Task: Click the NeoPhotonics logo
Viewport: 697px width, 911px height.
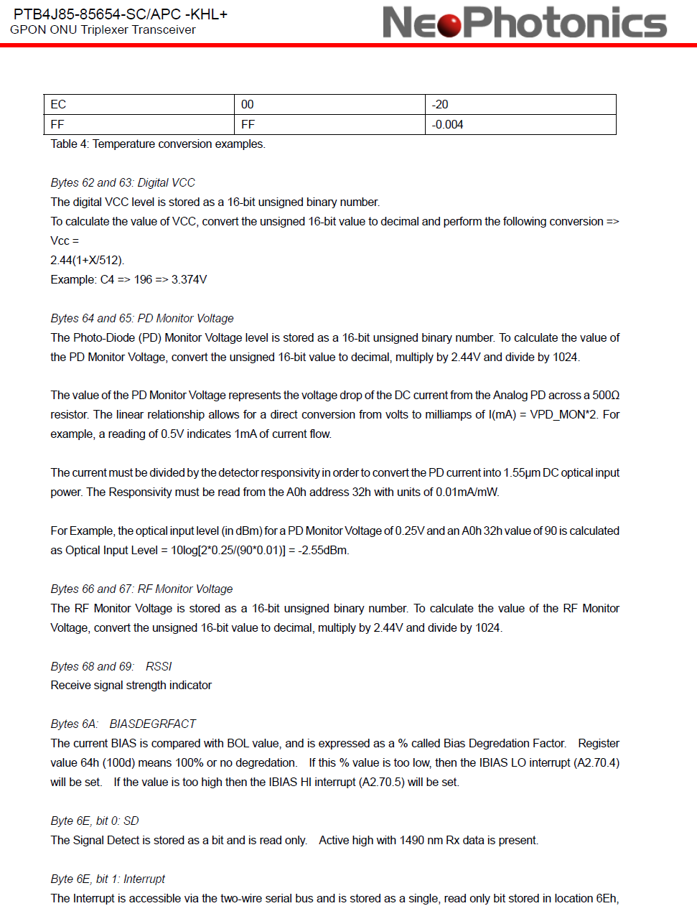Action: pos(524,22)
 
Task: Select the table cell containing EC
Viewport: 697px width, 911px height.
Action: pos(139,104)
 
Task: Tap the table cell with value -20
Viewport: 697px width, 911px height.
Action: pos(520,104)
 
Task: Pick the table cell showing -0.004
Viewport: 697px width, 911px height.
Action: pos(520,124)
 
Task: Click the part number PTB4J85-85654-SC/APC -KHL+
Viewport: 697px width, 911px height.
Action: pos(121,14)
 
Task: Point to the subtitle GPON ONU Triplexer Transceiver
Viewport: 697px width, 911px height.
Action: pos(103,30)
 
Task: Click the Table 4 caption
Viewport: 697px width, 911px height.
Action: pos(158,144)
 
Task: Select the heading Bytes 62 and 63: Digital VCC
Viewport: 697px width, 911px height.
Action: pos(123,182)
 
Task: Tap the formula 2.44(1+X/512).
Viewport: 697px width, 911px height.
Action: pos(87,260)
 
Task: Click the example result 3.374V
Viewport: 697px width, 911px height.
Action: pos(189,279)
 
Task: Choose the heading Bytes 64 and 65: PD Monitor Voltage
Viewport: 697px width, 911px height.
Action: pos(142,318)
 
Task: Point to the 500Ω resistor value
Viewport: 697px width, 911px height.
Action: pos(606,395)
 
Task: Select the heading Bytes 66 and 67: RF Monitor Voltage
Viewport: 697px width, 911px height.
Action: pos(141,589)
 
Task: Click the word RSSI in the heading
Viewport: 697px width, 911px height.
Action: pos(159,666)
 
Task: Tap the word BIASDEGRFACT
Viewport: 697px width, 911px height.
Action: pos(152,724)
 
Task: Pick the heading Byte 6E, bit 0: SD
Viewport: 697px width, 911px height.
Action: pos(95,821)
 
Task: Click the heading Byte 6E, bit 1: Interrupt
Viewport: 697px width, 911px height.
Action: pos(108,879)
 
